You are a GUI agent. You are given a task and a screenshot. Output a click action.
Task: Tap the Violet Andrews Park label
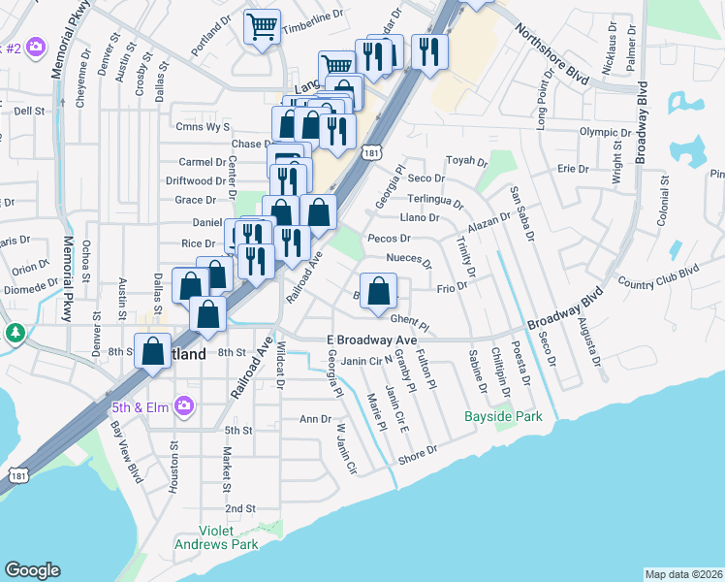tap(215, 537)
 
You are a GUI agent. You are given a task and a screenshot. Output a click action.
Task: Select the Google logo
tap(32, 570)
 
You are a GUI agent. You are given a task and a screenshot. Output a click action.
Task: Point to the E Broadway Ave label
tap(371, 339)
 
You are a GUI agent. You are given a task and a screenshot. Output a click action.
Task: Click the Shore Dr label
tap(418, 452)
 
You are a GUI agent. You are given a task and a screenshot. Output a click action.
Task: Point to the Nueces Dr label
tap(408, 259)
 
